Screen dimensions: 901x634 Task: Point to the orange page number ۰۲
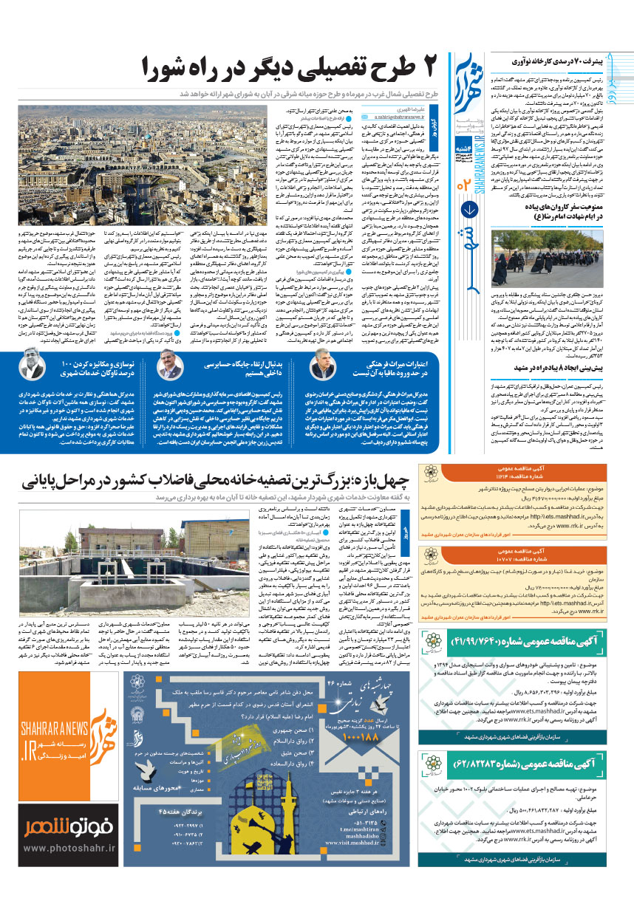click(x=466, y=183)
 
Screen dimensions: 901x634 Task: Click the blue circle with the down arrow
click(x=466, y=208)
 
